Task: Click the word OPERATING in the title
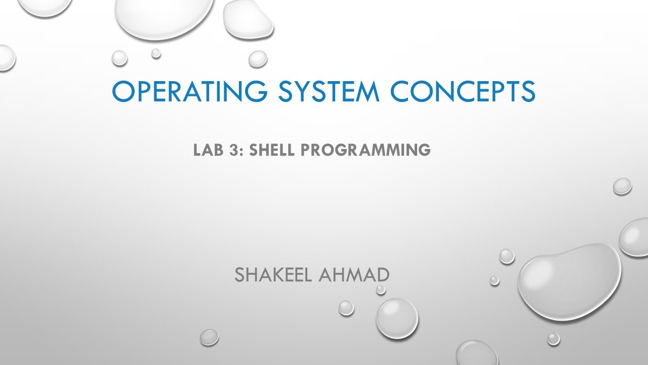coord(187,92)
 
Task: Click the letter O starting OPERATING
coord(123,92)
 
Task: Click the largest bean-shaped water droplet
coord(569,281)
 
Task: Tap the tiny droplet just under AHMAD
coord(381,290)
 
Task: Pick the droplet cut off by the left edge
coord(6,57)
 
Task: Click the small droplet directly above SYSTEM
coord(258,59)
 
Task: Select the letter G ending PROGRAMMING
coord(423,150)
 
